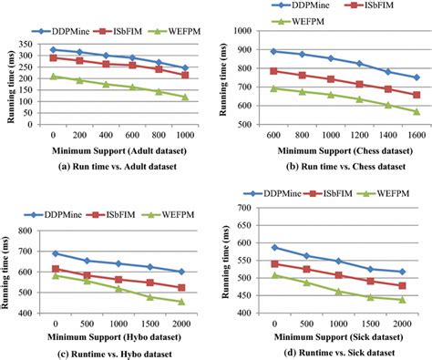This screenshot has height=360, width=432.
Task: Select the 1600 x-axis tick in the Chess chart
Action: pyautogui.click(x=416, y=136)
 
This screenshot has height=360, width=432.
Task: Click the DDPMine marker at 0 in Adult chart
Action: pyautogui.click(x=54, y=49)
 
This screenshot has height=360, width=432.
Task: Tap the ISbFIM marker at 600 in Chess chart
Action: pyautogui.click(x=274, y=70)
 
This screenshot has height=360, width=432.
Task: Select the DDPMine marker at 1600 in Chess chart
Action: pyautogui.click(x=416, y=77)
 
